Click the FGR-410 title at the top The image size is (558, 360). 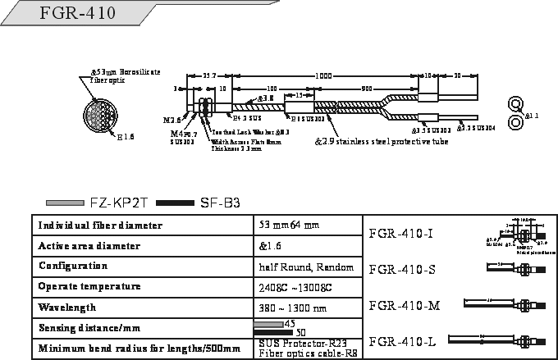pos(79,14)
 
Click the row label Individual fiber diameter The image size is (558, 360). pos(100,225)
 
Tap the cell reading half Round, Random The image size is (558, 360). pos(305,267)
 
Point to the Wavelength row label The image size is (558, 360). pos(66,308)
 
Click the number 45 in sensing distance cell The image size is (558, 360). pos(289,324)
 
